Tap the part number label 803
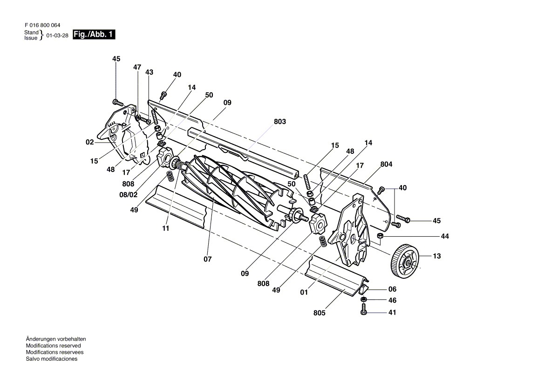(280, 122)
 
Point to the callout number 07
(208, 259)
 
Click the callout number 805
(320, 313)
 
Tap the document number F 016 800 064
(42, 25)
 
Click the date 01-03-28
(58, 35)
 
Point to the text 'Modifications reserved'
(53, 346)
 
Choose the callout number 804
(386, 164)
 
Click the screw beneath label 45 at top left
(117, 102)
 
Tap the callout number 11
(166, 228)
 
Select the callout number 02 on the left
(90, 143)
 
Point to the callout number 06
(392, 289)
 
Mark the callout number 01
(304, 293)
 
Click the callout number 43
(149, 72)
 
